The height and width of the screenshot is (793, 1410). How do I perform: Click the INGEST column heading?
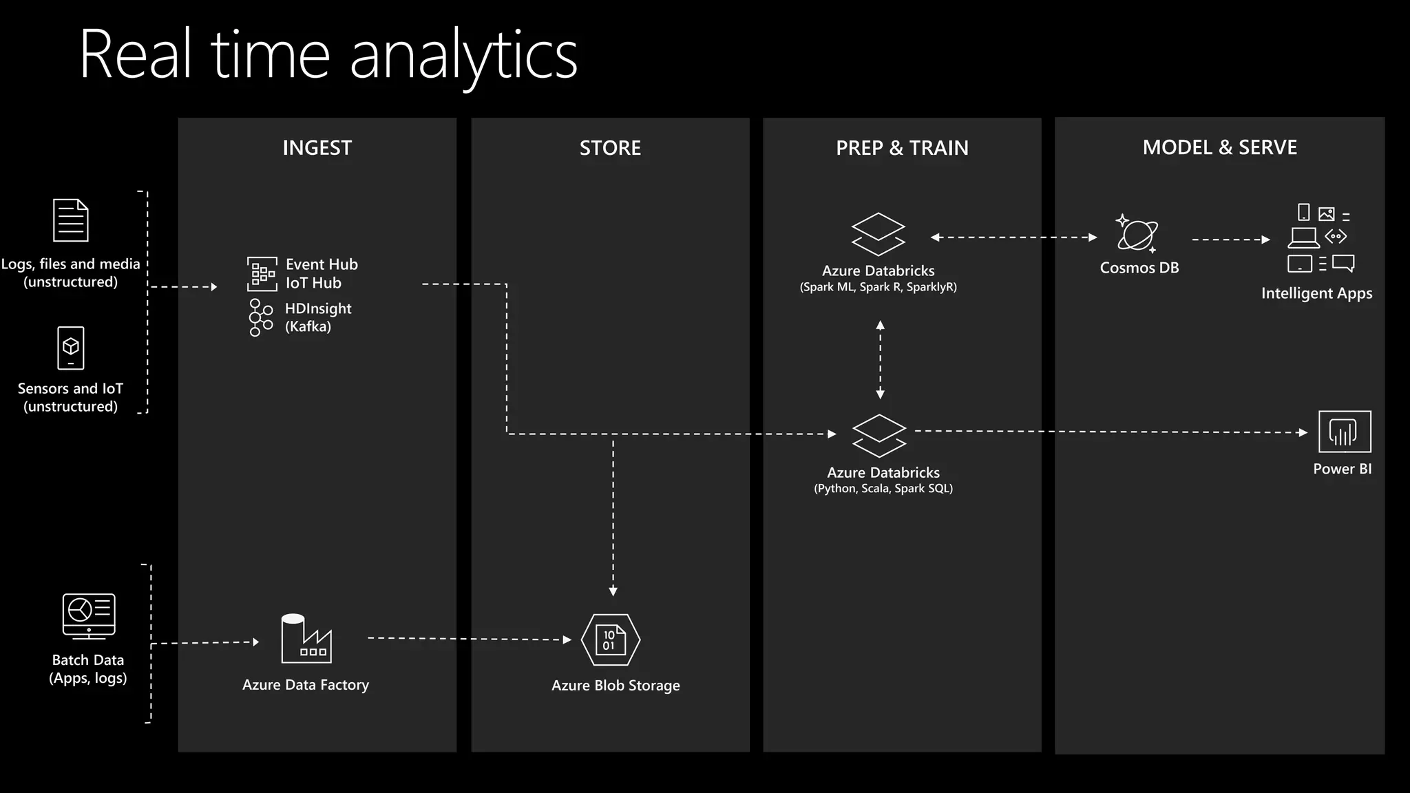(317, 148)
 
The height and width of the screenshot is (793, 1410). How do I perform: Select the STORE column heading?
(610, 148)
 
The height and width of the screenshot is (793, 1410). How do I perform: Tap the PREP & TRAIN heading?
(902, 148)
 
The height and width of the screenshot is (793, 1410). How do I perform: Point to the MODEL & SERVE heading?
(1219, 147)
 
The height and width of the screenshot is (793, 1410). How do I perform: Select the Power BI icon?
(1344, 432)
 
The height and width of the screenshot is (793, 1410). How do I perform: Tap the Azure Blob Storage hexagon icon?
(611, 640)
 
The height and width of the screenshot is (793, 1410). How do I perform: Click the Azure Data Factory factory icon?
(306, 639)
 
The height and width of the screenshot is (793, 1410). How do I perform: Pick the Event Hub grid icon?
(262, 274)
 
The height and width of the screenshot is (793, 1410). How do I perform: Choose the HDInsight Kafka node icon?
(261, 317)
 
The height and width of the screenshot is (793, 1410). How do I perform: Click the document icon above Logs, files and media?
(71, 220)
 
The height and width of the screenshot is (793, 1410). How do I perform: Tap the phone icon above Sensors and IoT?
(71, 348)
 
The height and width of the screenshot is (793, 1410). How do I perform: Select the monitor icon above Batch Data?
(89, 615)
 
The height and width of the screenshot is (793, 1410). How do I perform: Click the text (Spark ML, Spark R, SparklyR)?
(878, 287)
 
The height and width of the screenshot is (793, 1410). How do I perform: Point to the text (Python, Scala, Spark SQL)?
(883, 489)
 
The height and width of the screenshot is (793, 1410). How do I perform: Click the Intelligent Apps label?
(1316, 293)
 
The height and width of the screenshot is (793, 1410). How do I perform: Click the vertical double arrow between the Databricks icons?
(880, 359)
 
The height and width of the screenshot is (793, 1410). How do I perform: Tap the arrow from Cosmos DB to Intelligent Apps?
(1230, 240)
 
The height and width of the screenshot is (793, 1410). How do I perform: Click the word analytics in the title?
(463, 55)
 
